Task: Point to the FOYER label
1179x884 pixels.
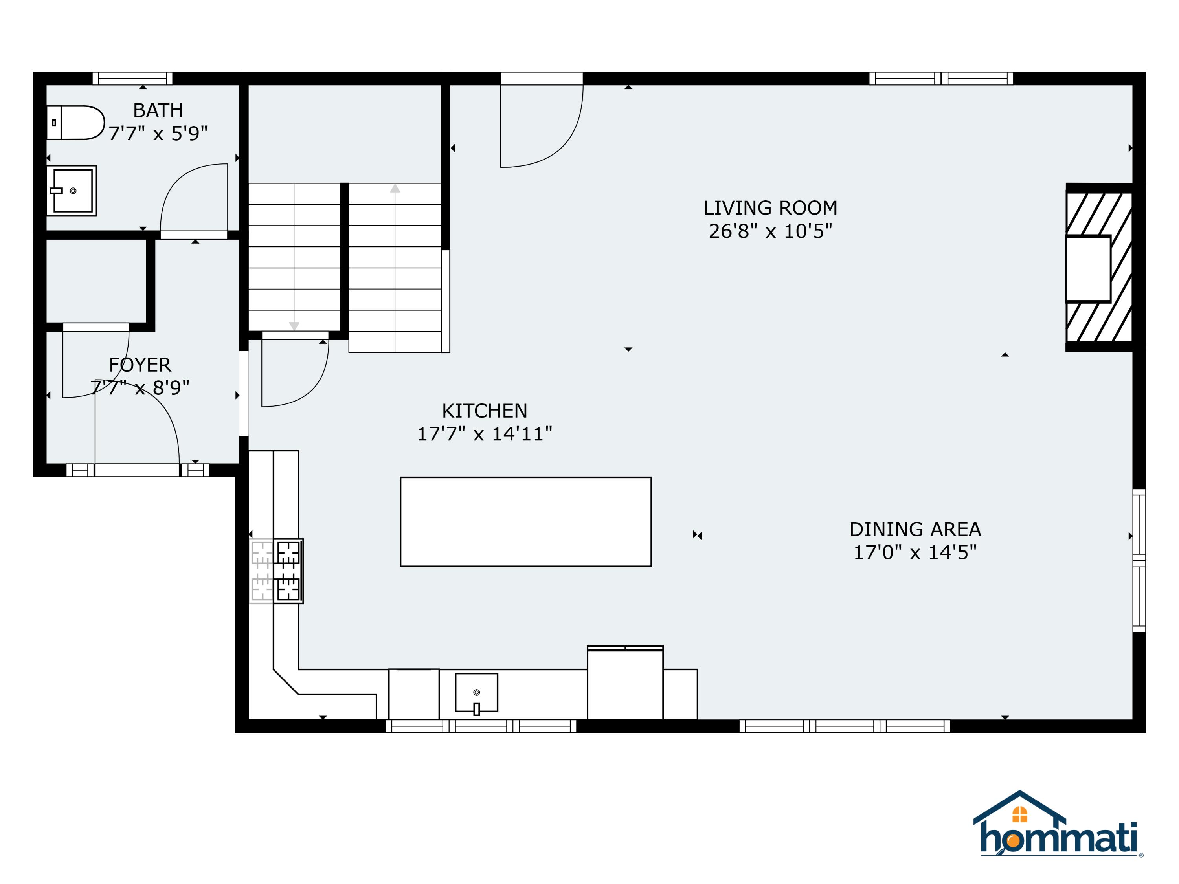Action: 140,365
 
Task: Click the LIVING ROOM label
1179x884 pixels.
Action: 770,208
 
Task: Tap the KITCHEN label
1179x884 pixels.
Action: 485,411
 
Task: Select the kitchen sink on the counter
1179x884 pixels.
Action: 476,692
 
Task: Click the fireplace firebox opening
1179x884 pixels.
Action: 1088,269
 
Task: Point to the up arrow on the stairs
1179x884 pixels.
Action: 395,188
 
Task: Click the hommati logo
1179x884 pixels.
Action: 1058,825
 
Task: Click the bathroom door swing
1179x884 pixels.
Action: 187,187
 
